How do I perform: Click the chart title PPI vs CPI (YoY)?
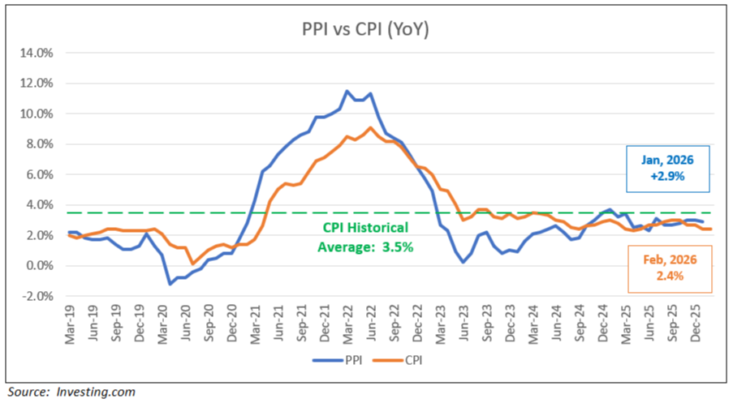coord(366,29)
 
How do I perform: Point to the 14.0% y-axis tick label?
coord(37,53)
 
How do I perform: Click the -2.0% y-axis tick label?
coord(38,297)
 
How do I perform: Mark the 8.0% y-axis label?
coord(39,144)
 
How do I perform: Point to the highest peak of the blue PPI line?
coord(347,91)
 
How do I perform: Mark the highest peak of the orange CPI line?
coord(370,127)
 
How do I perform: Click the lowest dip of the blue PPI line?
coord(170,284)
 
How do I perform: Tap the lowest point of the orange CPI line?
coord(192,264)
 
